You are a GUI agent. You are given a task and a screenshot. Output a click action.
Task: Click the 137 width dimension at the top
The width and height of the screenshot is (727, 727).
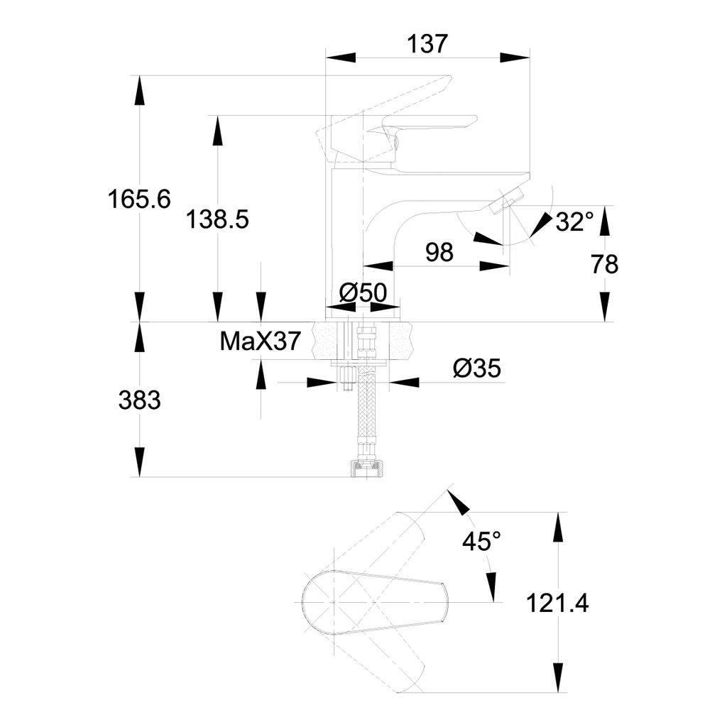(x=427, y=44)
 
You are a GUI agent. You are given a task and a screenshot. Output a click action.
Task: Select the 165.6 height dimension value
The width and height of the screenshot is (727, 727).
(x=139, y=199)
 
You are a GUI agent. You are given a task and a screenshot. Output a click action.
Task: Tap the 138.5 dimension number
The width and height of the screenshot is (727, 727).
(x=217, y=219)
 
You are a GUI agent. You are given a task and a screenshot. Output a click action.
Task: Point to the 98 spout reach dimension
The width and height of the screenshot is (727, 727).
(x=439, y=252)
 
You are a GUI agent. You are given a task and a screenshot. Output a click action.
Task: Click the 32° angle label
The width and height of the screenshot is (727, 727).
(x=574, y=222)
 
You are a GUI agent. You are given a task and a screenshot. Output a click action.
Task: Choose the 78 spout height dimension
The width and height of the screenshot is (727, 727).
(x=605, y=264)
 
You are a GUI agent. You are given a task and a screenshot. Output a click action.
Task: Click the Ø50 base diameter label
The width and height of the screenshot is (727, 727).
(x=363, y=293)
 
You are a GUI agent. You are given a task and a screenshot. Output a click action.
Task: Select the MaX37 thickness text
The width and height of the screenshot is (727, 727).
(x=260, y=341)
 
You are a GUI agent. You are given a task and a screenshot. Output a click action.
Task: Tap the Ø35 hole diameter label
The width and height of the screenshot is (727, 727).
(x=477, y=368)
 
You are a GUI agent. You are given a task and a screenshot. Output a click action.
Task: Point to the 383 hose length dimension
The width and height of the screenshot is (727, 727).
(x=140, y=400)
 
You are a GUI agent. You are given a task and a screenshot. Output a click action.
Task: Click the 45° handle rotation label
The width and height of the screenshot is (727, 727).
(x=482, y=540)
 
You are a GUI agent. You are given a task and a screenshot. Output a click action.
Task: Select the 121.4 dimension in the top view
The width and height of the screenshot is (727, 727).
(x=557, y=603)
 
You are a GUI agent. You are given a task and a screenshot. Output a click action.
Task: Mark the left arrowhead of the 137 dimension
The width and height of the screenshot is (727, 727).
(x=341, y=58)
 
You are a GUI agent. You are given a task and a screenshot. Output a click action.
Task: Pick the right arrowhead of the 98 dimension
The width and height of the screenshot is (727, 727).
(x=495, y=266)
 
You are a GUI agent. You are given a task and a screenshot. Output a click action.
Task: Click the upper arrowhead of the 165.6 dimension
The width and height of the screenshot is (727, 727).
(x=140, y=91)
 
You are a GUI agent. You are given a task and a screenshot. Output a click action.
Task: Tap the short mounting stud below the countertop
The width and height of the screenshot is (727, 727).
(x=346, y=378)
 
